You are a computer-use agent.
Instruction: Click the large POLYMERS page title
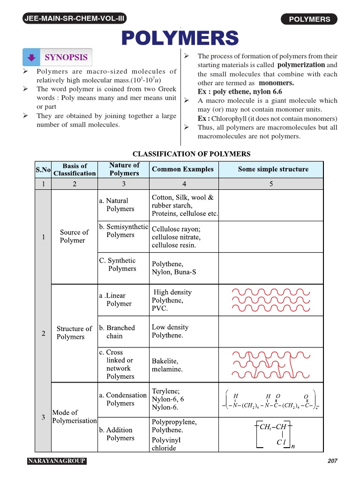coord(180,38)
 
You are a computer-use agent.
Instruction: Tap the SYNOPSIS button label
coord(66,57)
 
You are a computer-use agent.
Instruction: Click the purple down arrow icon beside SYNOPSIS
coord(31,58)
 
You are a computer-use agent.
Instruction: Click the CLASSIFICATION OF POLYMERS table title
coord(191,154)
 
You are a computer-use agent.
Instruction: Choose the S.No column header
coord(43,169)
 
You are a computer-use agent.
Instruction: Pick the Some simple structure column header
coord(273,169)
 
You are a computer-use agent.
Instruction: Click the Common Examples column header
coord(182,169)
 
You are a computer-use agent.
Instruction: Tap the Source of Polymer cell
coord(74,236)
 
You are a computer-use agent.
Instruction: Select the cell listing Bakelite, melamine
coord(167,365)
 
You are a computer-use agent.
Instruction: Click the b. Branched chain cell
coord(117,332)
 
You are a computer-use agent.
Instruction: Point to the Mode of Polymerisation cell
coord(74,416)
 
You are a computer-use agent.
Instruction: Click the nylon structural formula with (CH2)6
coord(270,401)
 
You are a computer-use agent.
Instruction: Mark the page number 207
coord(332,461)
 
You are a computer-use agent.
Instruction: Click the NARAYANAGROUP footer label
coord(57,461)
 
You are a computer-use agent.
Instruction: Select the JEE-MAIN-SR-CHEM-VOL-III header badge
coord(74,19)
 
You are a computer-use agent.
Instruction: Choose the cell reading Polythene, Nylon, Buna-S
coord(167,268)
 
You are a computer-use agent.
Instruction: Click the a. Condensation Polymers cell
coord(123,399)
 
